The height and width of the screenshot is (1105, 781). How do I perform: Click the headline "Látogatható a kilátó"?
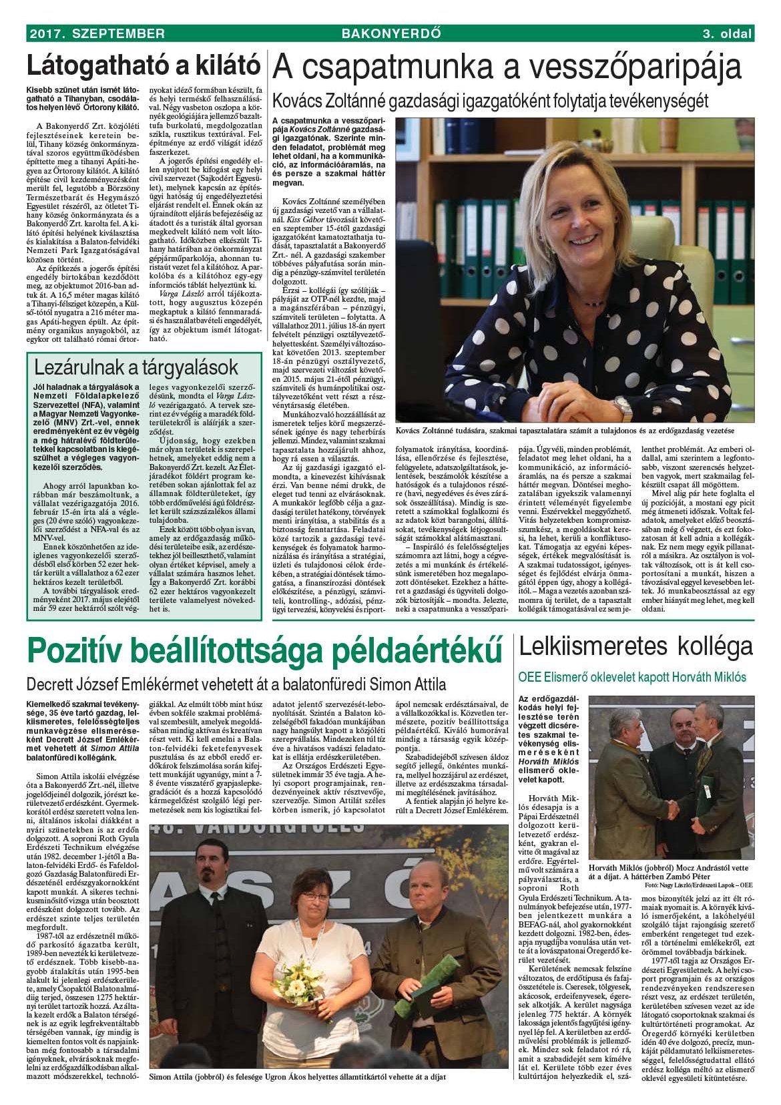pos(143,66)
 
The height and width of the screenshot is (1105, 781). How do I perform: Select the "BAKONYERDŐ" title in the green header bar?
pos(390,33)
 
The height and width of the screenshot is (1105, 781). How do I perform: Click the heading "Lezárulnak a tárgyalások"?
pos(136,367)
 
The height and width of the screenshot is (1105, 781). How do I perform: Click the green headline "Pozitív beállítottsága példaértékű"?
pos(264,650)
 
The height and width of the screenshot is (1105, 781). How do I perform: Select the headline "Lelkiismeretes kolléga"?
pos(635,646)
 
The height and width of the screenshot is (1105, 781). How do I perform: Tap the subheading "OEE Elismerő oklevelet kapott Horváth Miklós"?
pos(632,677)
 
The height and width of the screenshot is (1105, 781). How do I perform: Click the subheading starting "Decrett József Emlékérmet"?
pos(236,684)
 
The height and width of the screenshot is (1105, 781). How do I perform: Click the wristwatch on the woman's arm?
pos(622,407)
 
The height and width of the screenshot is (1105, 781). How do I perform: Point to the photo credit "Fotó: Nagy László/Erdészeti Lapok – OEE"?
pos(698,885)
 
